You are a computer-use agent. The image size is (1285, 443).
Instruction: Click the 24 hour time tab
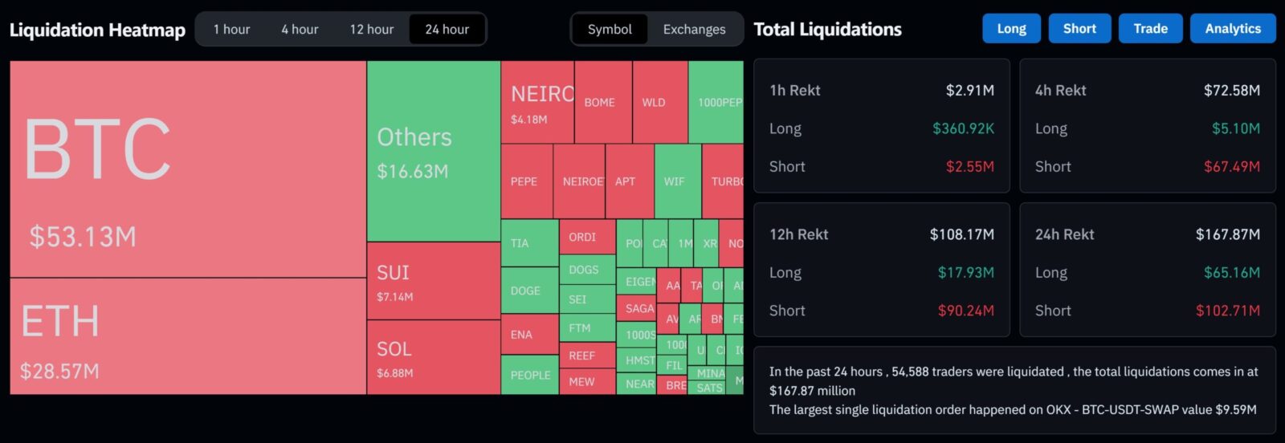[x=447, y=30]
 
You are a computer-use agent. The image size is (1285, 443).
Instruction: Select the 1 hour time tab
[x=231, y=30]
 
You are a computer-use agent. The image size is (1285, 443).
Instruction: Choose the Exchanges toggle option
[x=694, y=30]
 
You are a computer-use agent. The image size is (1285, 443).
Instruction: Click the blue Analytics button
[x=1232, y=29]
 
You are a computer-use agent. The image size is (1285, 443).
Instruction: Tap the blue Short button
[x=1079, y=29]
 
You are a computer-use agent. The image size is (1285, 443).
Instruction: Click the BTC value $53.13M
[x=83, y=237]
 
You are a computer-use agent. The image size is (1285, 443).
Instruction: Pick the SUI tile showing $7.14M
[x=434, y=281]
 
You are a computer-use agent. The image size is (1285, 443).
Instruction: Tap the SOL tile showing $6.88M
[x=434, y=357]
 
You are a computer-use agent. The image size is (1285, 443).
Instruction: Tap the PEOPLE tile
[x=530, y=375]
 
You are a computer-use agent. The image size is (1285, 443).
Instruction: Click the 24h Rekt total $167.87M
[x=1227, y=234]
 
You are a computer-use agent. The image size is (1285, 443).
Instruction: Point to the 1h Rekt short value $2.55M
[x=969, y=167]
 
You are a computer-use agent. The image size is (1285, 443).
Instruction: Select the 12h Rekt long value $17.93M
[x=965, y=273]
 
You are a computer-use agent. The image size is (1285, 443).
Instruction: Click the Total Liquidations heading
[x=827, y=30]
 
